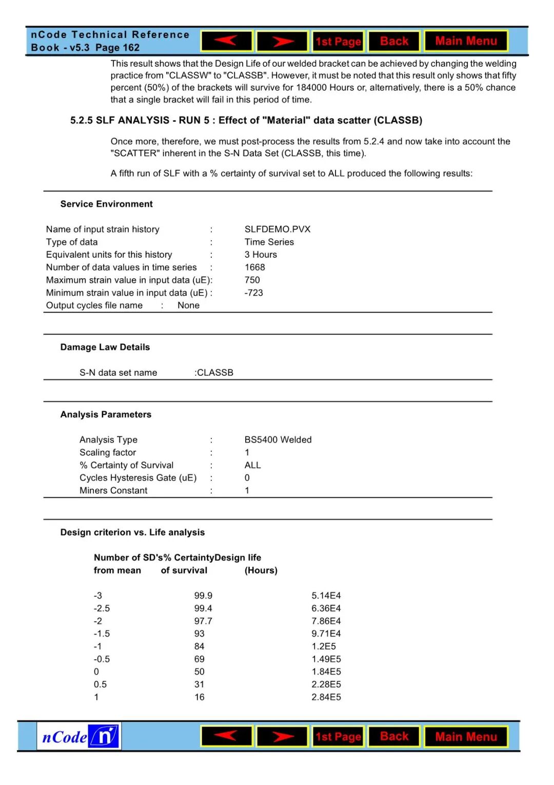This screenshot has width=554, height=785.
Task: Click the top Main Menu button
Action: click(466, 41)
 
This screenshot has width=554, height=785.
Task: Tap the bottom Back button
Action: click(394, 736)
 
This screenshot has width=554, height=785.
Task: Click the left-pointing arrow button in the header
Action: click(226, 41)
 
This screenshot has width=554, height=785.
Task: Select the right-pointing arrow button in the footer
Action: click(282, 736)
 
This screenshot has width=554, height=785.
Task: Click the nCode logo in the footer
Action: click(79, 736)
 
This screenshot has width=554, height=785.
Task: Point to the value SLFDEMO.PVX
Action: click(278, 229)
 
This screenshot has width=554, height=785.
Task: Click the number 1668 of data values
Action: click(255, 267)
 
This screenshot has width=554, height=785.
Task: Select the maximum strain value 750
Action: click(252, 280)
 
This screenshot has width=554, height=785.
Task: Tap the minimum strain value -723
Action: click(254, 293)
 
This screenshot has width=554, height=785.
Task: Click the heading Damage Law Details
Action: click(105, 347)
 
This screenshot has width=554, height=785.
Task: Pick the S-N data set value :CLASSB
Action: click(214, 372)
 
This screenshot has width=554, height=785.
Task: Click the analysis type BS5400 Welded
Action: click(278, 439)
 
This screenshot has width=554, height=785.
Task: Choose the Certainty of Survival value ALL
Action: click(253, 465)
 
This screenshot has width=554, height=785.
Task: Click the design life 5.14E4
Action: click(326, 596)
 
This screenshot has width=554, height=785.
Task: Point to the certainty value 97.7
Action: click(203, 621)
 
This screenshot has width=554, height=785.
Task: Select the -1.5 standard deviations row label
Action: click(102, 634)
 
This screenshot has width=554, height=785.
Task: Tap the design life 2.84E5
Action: click(326, 697)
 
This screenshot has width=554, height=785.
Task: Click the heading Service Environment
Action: click(107, 204)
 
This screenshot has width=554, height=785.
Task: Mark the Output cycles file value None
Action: click(188, 305)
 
